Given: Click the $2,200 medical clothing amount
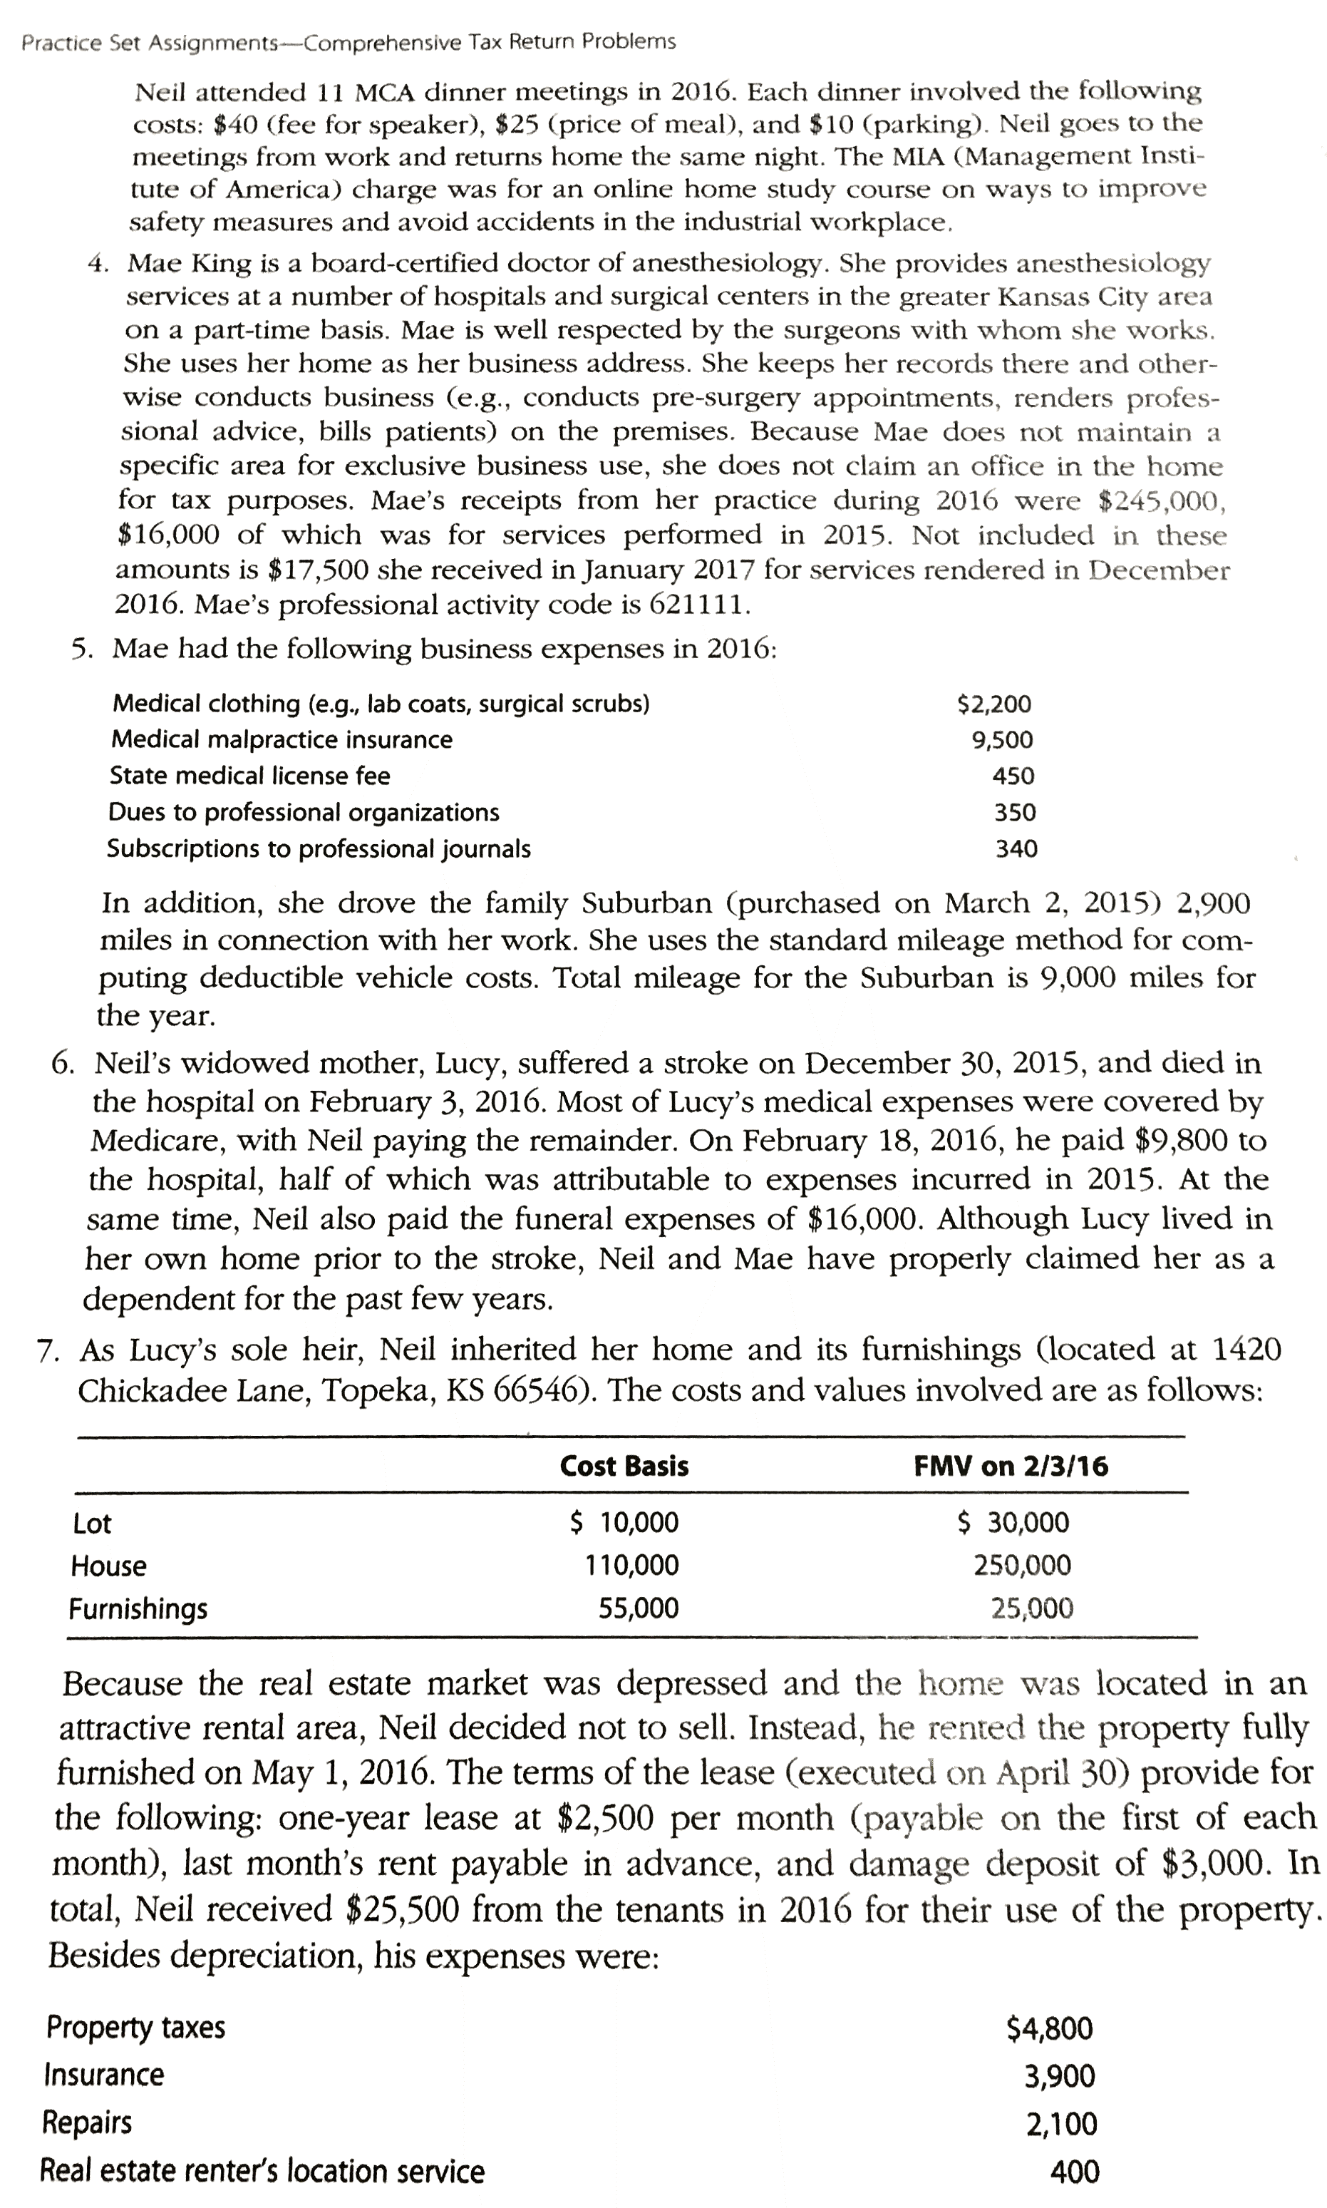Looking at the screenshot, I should [x=993, y=704].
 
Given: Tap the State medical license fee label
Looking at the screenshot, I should [x=249, y=776].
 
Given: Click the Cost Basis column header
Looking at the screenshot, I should [x=624, y=1466].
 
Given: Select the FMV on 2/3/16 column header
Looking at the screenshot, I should [x=1011, y=1466].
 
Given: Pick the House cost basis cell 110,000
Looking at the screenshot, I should [x=631, y=1565].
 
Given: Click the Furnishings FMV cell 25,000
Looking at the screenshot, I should [x=1031, y=1609].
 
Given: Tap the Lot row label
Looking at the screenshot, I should [x=92, y=1523].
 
